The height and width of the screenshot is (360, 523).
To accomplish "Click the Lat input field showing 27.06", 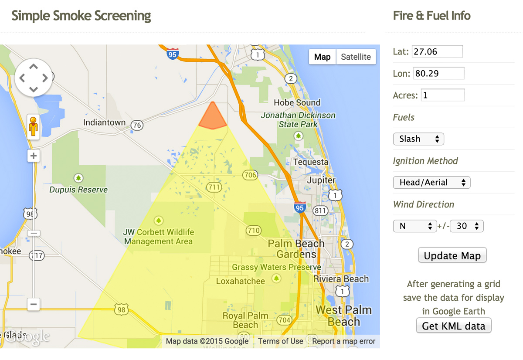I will click(437, 51).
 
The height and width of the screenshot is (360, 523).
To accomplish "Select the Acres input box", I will click(442, 95).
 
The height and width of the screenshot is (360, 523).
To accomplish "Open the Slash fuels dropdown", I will click(418, 139).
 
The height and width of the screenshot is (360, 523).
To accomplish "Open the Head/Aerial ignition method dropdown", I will click(431, 183).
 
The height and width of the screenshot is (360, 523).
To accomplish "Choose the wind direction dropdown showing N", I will click(414, 226).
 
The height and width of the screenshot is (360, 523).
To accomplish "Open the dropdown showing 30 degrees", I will click(467, 226).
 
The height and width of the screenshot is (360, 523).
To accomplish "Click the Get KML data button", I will click(453, 326).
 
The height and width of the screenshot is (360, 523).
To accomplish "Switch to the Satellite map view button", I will click(356, 57).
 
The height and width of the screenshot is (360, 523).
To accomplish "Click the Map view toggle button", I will click(323, 57).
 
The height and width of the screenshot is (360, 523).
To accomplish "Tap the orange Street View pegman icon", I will click(33, 126).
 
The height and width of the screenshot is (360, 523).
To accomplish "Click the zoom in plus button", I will click(34, 156).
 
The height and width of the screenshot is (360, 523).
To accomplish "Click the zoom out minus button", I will click(34, 304).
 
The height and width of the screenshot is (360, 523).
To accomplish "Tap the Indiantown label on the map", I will click(104, 122).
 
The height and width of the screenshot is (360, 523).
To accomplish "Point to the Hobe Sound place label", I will click(297, 102).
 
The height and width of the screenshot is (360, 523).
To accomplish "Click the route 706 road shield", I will click(250, 175).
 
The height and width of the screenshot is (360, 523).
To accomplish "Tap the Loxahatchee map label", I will click(240, 281).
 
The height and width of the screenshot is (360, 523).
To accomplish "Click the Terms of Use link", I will click(280, 341).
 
